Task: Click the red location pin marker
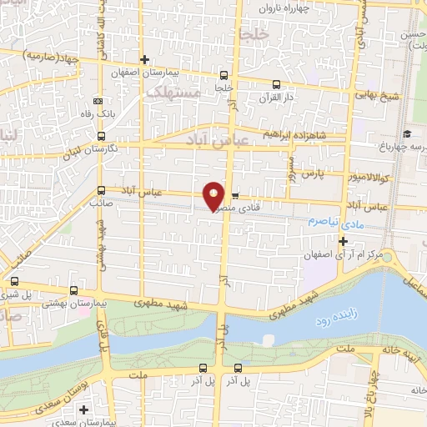click(x=213, y=195)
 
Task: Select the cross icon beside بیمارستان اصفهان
click(x=145, y=59)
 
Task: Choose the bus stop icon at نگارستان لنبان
click(x=101, y=137)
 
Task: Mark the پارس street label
click(x=310, y=173)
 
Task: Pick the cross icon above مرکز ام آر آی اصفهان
click(x=344, y=241)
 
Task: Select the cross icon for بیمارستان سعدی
click(x=83, y=409)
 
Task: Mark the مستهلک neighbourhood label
click(x=174, y=94)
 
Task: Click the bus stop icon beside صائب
click(x=101, y=191)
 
